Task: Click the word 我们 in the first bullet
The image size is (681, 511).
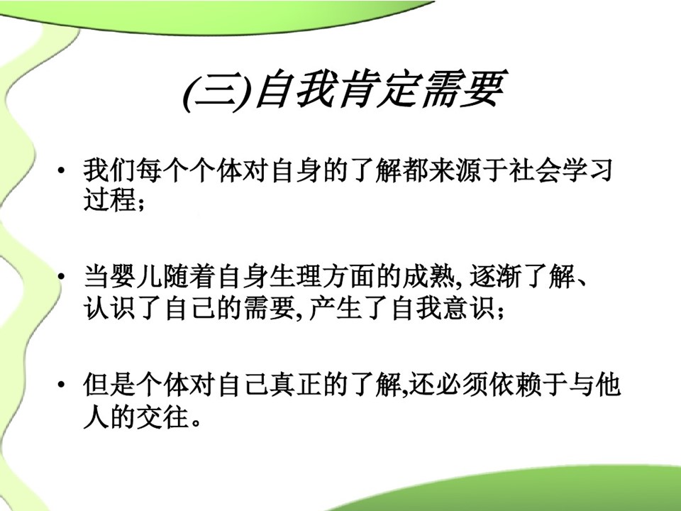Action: pos(109,170)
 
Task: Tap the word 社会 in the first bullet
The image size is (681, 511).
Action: pos(535,170)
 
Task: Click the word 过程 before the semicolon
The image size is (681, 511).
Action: pos(109,200)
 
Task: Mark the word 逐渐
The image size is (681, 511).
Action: pos(496,276)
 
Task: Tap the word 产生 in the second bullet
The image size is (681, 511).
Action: pos(334,309)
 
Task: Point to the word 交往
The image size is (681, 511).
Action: pos(162,417)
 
